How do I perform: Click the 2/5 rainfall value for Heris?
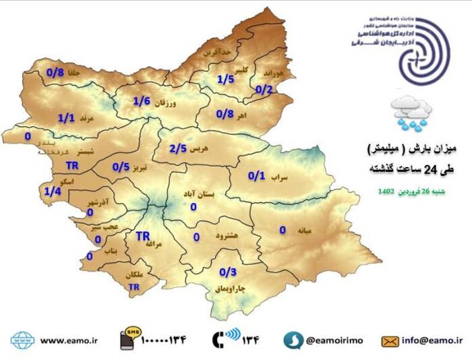pyautogui.click(x=177, y=148)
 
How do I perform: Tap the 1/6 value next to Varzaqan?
pyautogui.click(x=141, y=102)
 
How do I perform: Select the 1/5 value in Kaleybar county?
pyautogui.click(x=225, y=80)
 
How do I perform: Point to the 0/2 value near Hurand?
pyautogui.click(x=264, y=89)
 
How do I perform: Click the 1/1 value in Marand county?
pyautogui.click(x=65, y=118)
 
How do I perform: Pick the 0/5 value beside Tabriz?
pyautogui.click(x=121, y=167)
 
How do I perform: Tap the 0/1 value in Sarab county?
pyautogui.click(x=256, y=176)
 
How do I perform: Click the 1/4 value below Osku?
pyautogui.click(x=53, y=191)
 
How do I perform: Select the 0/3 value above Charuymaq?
pyautogui.click(x=228, y=272)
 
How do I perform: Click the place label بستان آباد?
pyautogui.click(x=198, y=193)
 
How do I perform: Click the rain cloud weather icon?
pyautogui.click(x=413, y=112)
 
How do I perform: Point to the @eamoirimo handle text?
pyautogui.click(x=334, y=340)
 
